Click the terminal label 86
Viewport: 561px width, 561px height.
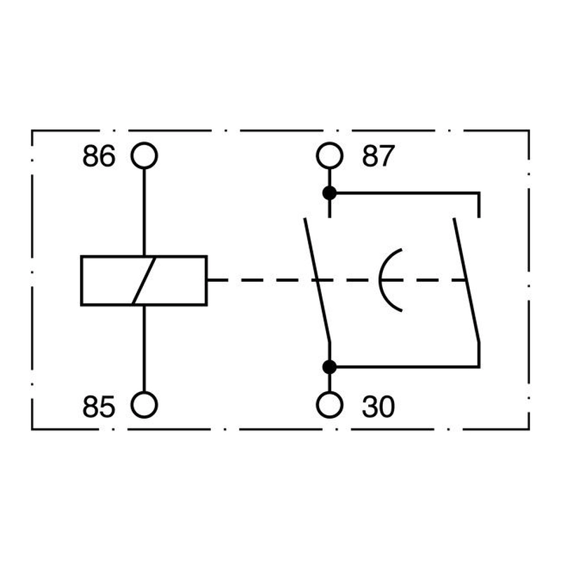tap(99, 156)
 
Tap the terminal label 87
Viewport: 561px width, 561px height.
tap(378, 156)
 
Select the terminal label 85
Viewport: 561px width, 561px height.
tap(99, 407)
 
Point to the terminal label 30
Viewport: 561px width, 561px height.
tap(378, 407)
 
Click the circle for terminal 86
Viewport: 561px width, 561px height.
tap(144, 143)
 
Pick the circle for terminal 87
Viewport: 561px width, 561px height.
tap(330, 143)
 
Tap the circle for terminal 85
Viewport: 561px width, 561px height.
tap(144, 392)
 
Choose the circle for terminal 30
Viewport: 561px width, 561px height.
tap(330, 392)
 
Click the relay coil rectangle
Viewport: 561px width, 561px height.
tap(81, 280)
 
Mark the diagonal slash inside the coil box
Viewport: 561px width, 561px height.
tap(144, 280)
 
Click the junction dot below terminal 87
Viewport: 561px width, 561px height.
tap(330, 194)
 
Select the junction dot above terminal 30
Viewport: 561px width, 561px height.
tap(330, 367)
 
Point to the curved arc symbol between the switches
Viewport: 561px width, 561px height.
tap(380, 280)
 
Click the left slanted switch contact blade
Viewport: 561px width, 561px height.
tap(317, 280)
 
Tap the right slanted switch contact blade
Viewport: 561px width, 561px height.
tap(466, 280)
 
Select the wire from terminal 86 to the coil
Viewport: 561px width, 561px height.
tap(144, 212)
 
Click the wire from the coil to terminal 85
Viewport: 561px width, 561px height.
tap(144, 349)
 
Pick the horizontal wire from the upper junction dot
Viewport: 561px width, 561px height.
tap(408, 194)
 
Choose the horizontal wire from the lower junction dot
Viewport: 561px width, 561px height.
tap(408, 367)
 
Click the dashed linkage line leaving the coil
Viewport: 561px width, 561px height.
tap(337, 280)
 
